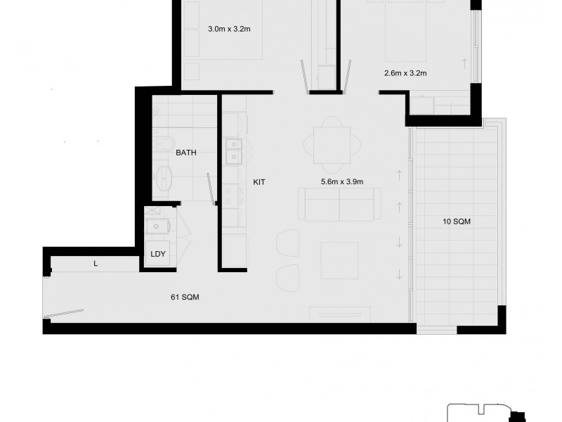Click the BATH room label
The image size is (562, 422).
coord(186,152)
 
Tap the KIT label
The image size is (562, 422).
coord(260,182)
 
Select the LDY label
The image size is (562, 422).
coord(158,255)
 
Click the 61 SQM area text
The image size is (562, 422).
coord(185,297)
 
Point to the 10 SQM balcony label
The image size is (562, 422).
coord(457,222)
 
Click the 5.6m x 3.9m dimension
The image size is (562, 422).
coord(342,182)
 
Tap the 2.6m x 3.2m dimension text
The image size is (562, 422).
coord(405,72)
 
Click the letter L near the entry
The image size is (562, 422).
coord(96,264)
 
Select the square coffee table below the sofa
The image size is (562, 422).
coord(339,260)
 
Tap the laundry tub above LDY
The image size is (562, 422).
coord(157,226)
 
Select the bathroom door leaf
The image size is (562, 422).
coord(211,188)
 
